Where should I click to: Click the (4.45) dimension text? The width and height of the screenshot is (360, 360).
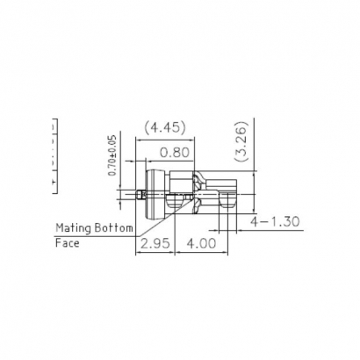tap(164, 128)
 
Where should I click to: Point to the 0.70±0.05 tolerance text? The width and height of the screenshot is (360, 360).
tap(112, 156)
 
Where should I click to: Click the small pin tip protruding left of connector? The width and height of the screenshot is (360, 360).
tap(138, 194)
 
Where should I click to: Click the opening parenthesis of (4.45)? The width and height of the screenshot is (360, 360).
tap(146, 128)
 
